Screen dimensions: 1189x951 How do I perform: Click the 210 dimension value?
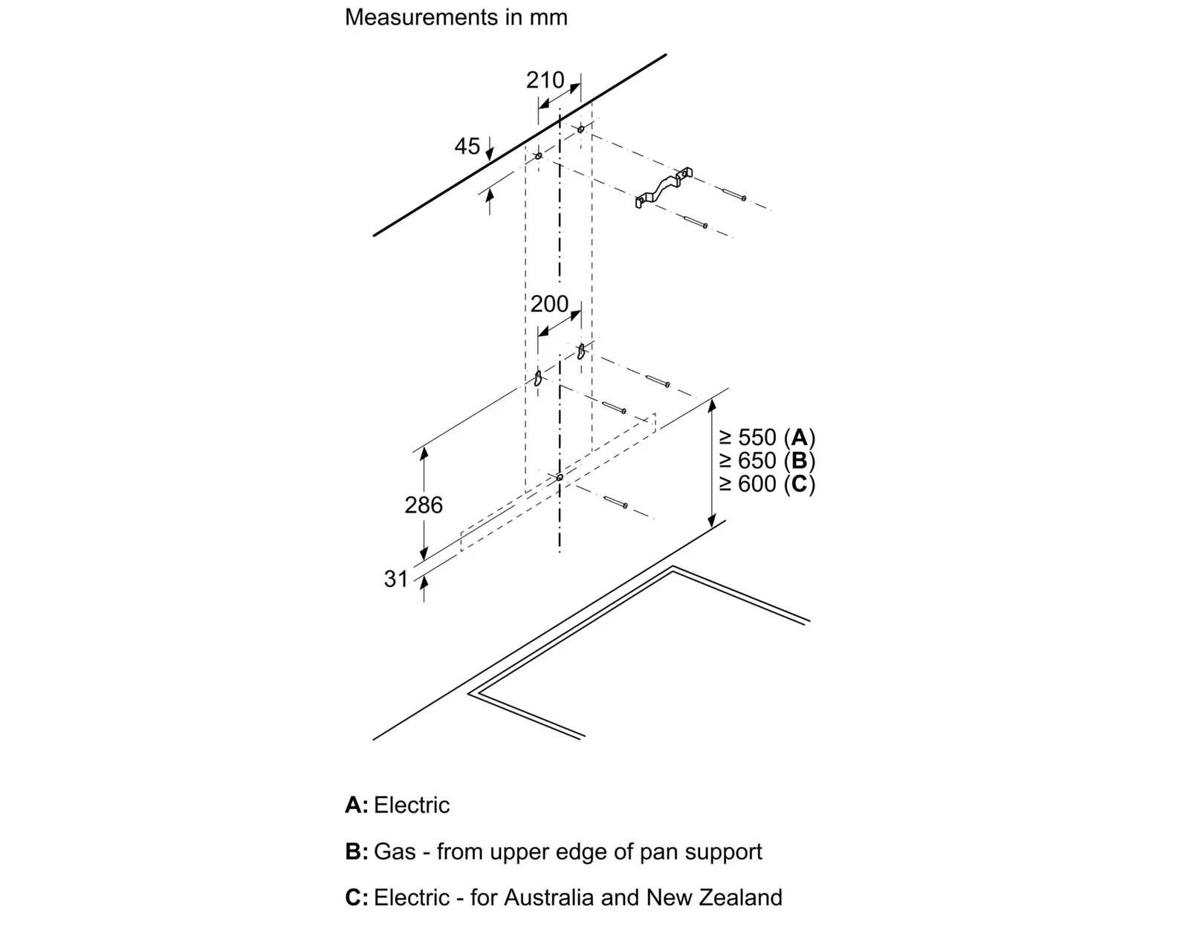[x=545, y=80]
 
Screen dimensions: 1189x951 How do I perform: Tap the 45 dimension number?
[x=467, y=146]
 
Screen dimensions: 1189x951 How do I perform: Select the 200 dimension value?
[x=549, y=304]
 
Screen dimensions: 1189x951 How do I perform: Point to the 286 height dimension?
[x=424, y=505]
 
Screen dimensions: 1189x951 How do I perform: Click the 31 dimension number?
[x=395, y=579]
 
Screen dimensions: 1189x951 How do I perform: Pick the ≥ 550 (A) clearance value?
[x=767, y=437]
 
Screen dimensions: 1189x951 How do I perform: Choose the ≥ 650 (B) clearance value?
[x=767, y=461]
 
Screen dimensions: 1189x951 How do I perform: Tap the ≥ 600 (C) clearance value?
[x=767, y=484]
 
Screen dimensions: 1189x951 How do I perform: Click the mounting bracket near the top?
[x=663, y=188]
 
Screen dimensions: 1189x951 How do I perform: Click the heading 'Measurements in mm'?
[x=456, y=17]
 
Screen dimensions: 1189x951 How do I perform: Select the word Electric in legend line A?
[x=412, y=805]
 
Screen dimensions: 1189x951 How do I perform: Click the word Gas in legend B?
[x=395, y=851]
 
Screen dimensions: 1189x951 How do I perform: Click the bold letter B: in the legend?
[x=357, y=851]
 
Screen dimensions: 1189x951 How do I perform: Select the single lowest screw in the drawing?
[x=615, y=502]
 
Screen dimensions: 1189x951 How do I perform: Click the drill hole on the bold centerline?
[x=560, y=477]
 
